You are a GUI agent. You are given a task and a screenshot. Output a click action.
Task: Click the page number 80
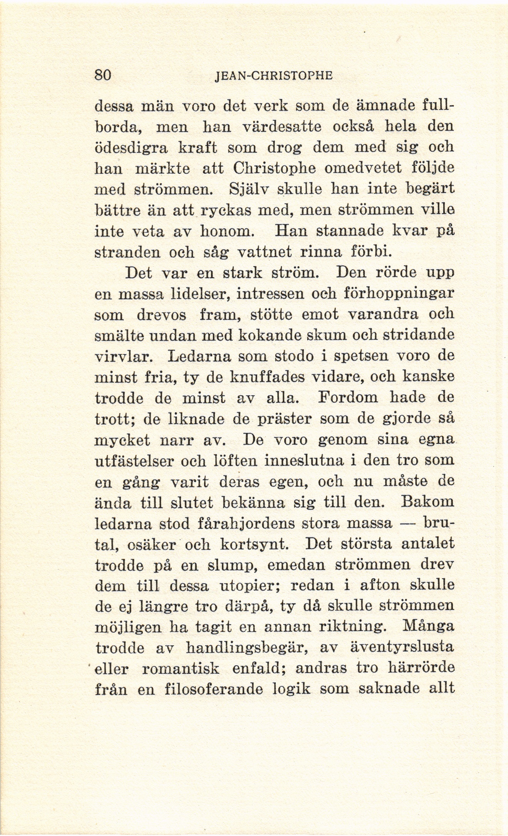(103, 74)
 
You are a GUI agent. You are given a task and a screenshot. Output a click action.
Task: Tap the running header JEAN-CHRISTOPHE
(274, 75)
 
